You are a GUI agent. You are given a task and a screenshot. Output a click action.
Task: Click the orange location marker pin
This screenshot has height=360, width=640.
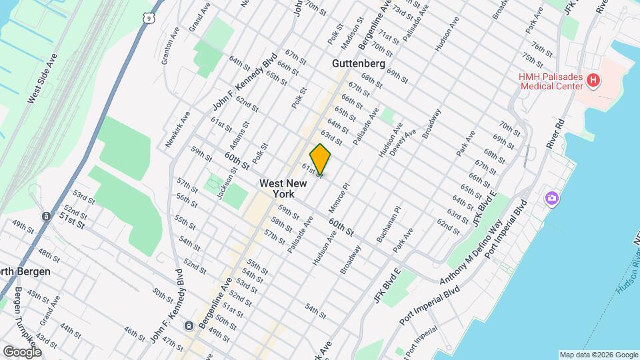[x=320, y=159]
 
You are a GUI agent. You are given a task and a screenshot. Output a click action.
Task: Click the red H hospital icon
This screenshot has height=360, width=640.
[x=594, y=81]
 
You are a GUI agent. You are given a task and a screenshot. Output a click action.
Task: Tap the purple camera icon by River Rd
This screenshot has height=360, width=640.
[x=551, y=198]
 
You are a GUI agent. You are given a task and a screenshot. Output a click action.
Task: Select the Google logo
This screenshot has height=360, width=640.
[x=22, y=351]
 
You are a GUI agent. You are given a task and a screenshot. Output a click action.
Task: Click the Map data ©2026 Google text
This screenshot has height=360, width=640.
[x=598, y=354]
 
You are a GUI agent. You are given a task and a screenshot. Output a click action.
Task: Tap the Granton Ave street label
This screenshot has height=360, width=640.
[x=171, y=47]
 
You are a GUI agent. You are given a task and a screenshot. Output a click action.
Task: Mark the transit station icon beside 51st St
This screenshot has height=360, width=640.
[x=46, y=217]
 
